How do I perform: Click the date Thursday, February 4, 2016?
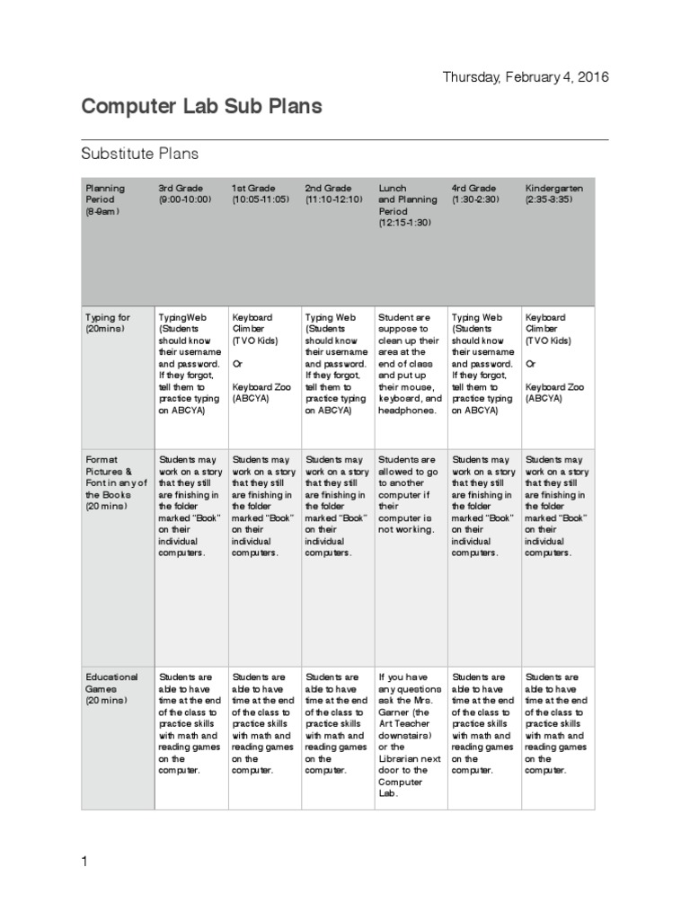526,76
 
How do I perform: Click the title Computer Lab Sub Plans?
201,107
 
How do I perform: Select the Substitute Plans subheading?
139,154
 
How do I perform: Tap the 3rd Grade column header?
185,193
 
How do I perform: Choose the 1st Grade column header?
260,193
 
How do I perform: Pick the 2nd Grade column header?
333,193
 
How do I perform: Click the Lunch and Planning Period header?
408,206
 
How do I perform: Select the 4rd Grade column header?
480,193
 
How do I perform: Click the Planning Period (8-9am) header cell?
106,199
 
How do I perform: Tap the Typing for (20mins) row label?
108,323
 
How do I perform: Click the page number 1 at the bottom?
84,862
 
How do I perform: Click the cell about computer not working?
409,494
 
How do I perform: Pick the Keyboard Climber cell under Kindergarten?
555,358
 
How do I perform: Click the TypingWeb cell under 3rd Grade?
189,364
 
